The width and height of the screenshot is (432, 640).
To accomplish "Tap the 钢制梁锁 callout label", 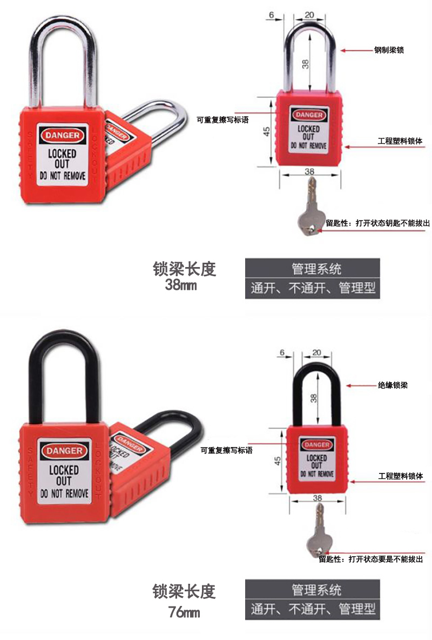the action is tap(389, 50).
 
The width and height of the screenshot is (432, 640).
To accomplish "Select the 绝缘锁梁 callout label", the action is tap(393, 385).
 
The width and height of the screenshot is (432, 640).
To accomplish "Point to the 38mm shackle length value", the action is tap(180, 284).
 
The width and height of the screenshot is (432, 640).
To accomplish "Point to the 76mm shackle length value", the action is tap(184, 612).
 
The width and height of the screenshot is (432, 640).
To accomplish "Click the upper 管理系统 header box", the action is tap(313, 269).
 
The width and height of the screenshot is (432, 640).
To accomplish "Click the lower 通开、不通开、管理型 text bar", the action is tap(313, 610).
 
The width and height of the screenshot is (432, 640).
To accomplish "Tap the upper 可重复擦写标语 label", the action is tap(222, 120).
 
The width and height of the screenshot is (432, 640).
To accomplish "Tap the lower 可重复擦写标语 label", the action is tap(226, 450).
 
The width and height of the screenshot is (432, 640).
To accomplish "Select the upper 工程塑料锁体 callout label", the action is tap(400, 141).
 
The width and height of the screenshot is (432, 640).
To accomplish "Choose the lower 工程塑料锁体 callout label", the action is tap(401, 476).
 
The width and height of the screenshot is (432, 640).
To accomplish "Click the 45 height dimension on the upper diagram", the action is tap(266, 131).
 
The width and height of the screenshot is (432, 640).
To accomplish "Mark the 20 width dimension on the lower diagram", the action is tap(316, 352).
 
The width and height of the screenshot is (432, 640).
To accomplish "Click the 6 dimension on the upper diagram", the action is tap(271, 15).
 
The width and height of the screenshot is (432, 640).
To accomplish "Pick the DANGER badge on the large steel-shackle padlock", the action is tap(63, 135).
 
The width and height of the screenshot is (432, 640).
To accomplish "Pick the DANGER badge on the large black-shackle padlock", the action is tap(64, 451).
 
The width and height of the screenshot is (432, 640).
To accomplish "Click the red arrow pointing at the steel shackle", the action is tap(356, 51).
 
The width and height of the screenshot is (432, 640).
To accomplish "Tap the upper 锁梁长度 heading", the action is tap(184, 269).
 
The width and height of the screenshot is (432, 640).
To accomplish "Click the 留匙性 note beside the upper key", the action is tap(378, 223).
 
